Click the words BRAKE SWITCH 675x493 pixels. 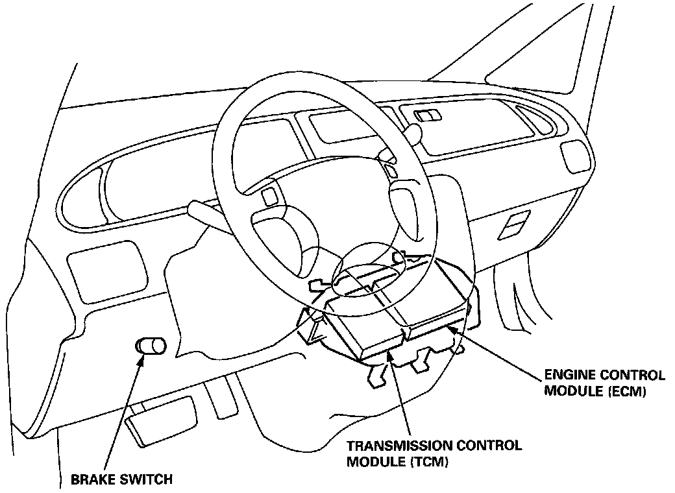click(x=121, y=480)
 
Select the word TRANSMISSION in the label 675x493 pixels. click(x=400, y=446)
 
